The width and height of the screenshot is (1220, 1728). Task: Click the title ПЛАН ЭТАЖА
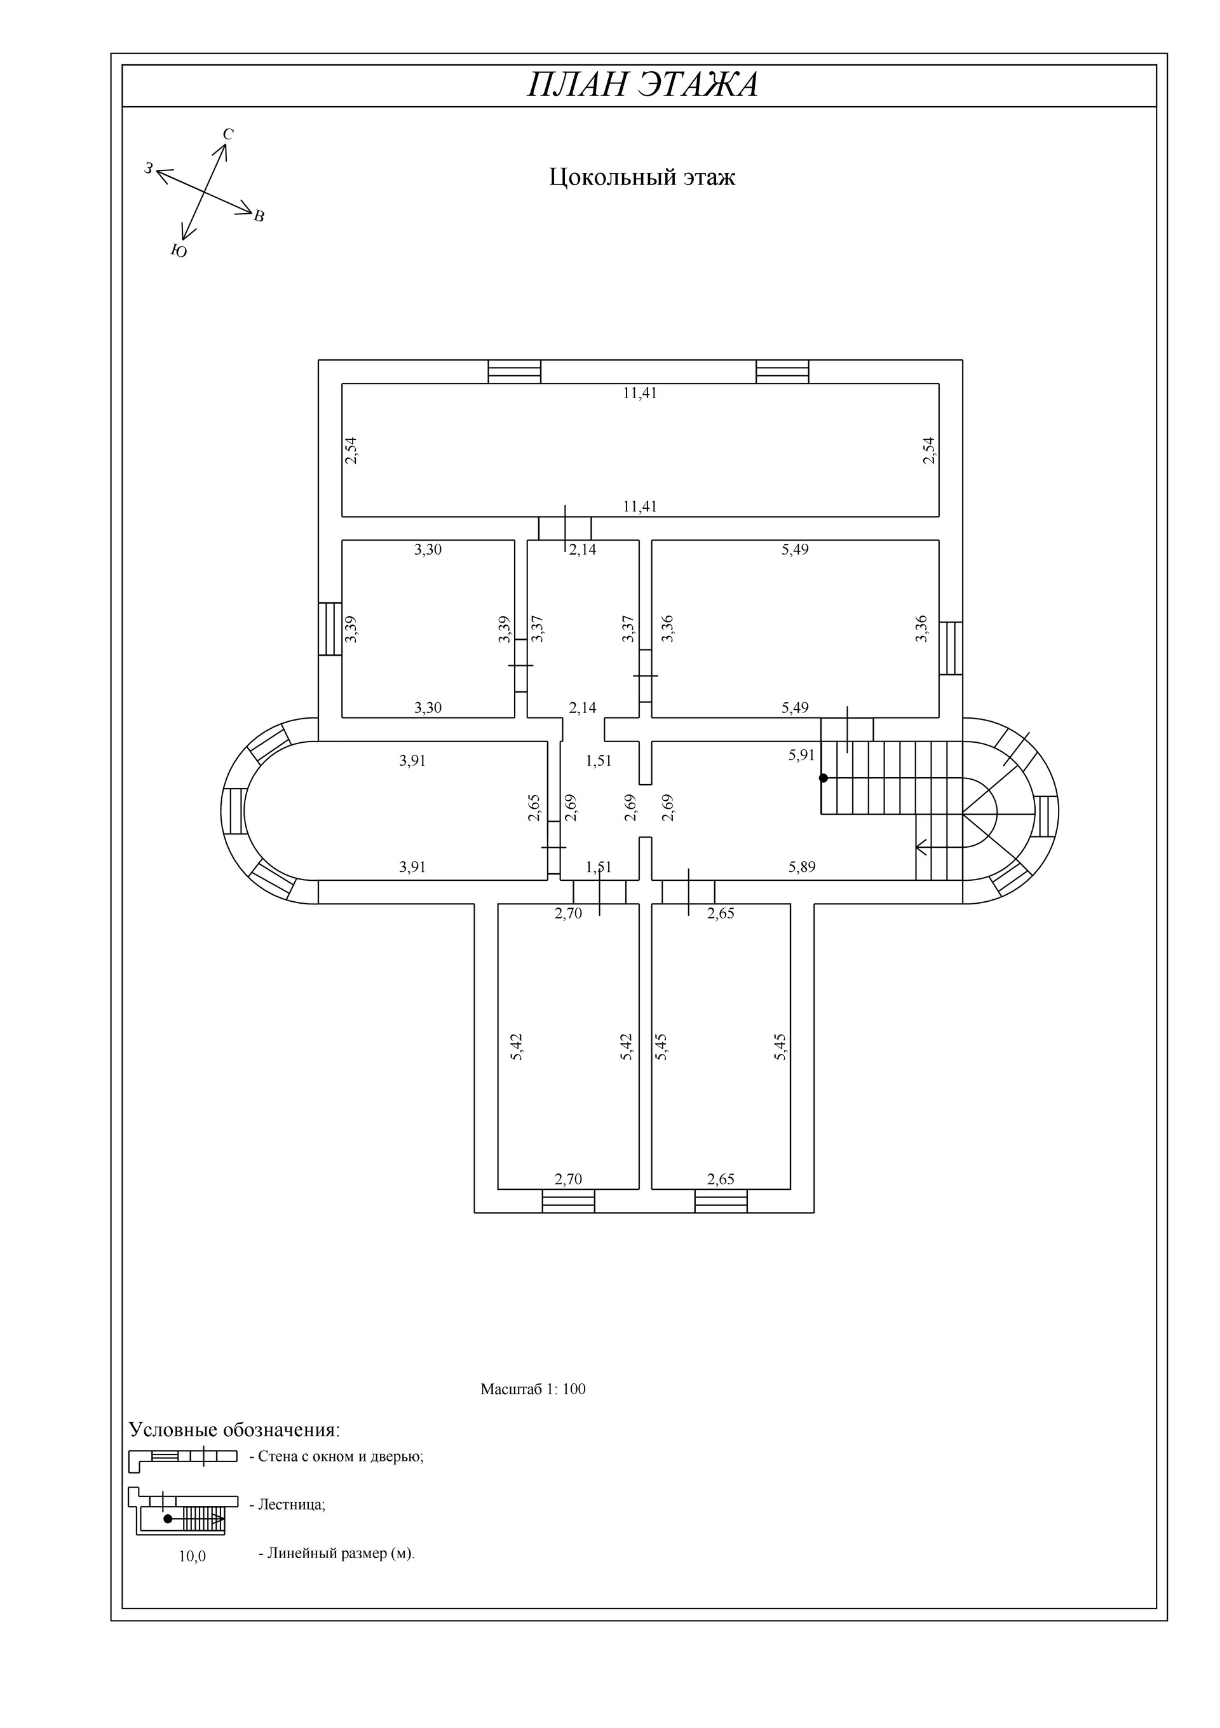[642, 85]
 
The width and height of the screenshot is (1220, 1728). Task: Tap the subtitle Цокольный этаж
[642, 177]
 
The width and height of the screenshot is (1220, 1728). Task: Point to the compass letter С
[228, 134]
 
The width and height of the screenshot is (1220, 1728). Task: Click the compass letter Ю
[179, 251]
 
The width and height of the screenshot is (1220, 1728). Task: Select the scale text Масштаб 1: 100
[532, 1388]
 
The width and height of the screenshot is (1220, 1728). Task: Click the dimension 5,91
[802, 755]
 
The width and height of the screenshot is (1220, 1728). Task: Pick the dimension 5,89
[802, 867]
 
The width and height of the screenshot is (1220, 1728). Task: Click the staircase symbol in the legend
[183, 1510]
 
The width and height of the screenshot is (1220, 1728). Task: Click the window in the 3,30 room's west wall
[330, 628]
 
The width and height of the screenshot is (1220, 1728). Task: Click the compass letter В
[259, 217]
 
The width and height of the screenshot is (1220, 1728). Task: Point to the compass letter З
[149, 169]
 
